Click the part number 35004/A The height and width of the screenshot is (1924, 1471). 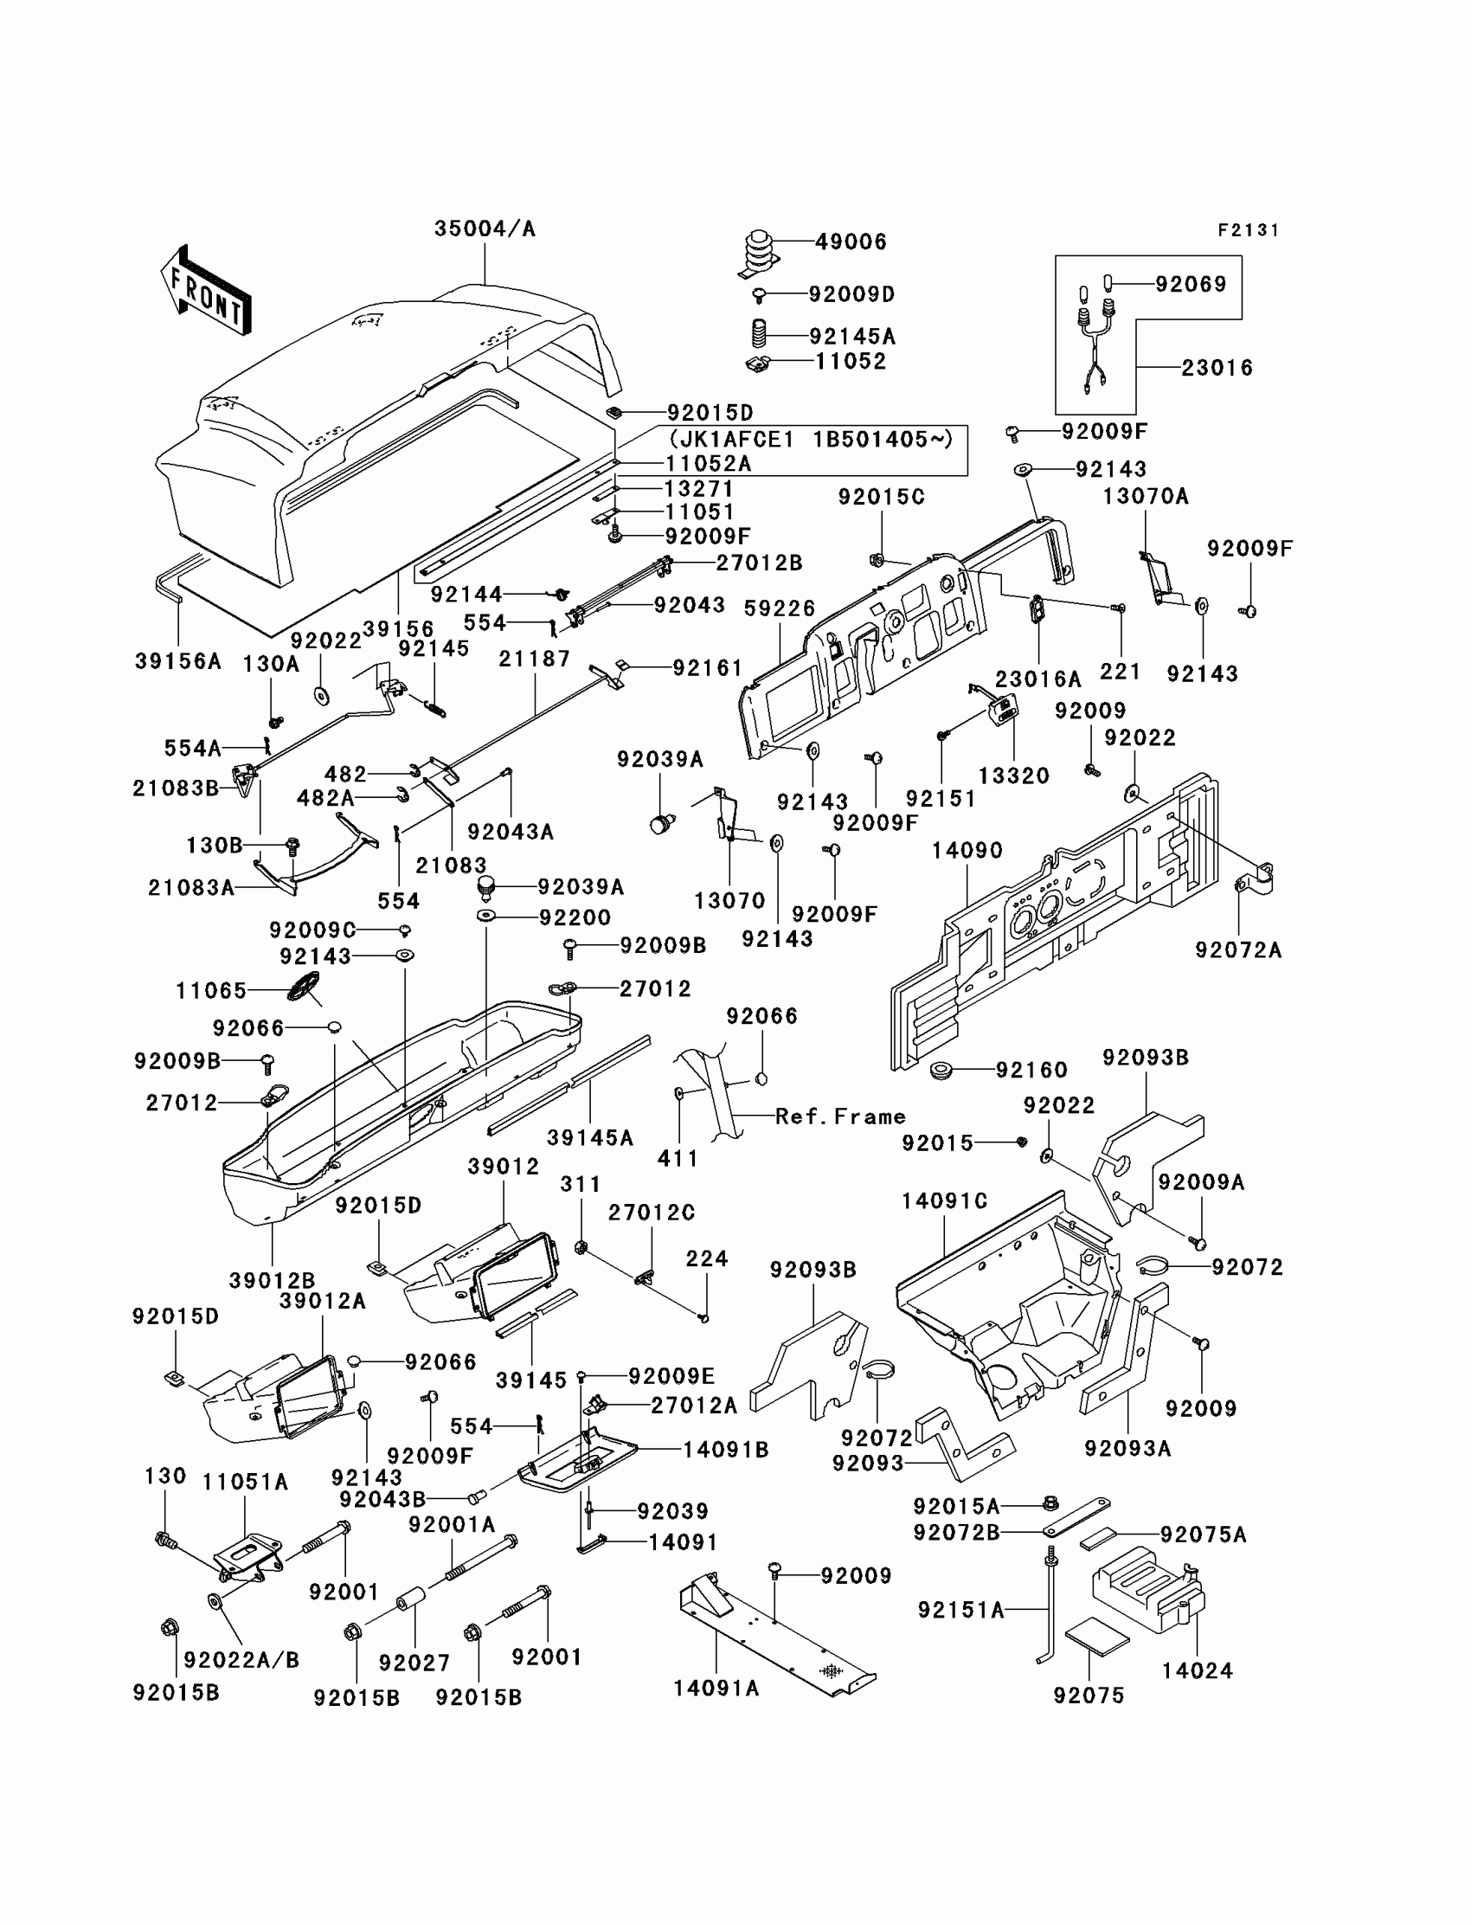click(x=485, y=228)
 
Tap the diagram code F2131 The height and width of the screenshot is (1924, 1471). click(x=1249, y=230)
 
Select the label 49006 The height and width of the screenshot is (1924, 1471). click(x=851, y=241)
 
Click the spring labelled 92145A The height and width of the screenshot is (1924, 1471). click(x=759, y=334)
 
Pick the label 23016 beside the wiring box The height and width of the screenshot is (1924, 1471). click(x=1217, y=368)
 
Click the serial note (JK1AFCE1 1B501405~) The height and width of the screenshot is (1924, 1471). click(x=810, y=438)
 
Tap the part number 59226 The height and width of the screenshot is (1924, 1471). click(x=779, y=608)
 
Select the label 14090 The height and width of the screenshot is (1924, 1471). click(x=967, y=850)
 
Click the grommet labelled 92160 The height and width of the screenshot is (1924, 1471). click(x=942, y=1070)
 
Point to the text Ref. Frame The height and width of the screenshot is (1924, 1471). click(x=839, y=1116)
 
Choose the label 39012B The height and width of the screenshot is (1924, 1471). click(x=272, y=1280)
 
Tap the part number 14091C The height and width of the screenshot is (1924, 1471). click(x=944, y=1201)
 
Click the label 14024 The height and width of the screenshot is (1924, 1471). click(x=1197, y=1671)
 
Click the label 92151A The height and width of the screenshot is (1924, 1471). click(x=960, y=1610)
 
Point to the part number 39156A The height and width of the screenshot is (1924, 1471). click(x=177, y=661)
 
